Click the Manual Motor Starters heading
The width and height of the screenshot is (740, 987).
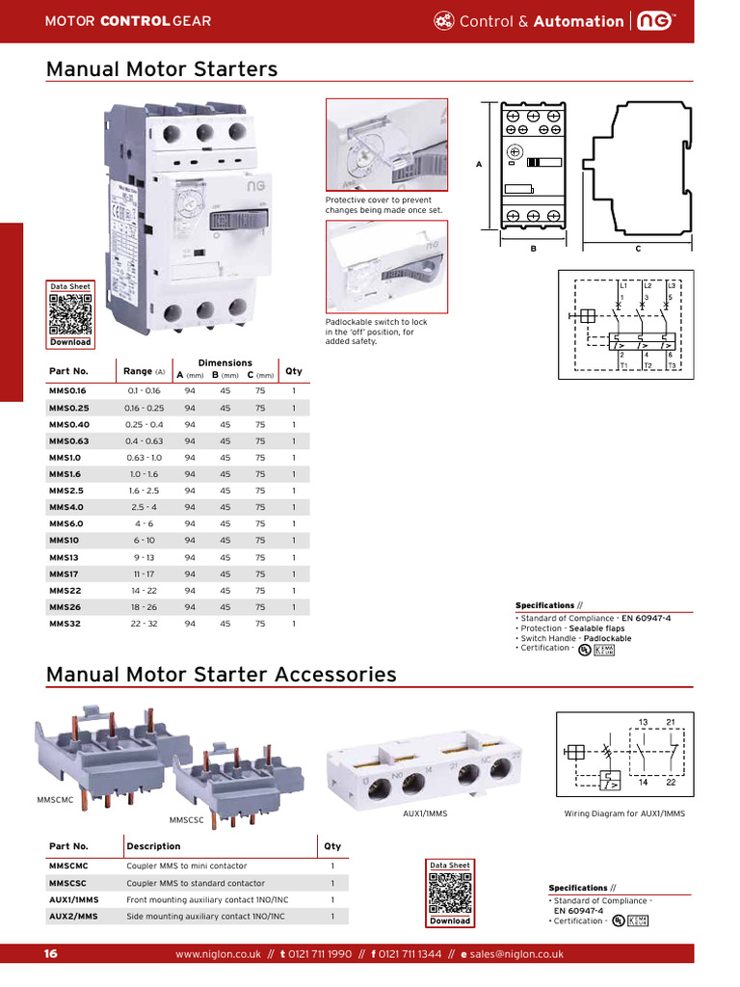[x=162, y=69]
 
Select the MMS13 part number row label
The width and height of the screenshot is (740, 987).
[x=63, y=557]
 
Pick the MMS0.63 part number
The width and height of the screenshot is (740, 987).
[x=68, y=440]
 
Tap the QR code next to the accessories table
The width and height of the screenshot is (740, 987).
[x=450, y=893]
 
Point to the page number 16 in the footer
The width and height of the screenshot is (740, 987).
[x=51, y=954]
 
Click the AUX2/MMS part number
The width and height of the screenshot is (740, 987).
[x=73, y=916]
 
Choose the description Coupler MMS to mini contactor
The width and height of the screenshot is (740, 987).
[x=186, y=866]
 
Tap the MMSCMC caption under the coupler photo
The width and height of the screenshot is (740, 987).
[x=56, y=799]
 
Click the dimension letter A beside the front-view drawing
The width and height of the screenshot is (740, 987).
[x=479, y=165]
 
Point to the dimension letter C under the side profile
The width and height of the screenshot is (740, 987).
[x=638, y=248]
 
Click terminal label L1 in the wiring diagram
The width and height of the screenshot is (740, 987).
[x=623, y=285]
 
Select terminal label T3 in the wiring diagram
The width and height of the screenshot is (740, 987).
[x=672, y=366]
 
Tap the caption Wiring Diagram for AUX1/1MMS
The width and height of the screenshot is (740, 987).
[x=623, y=814]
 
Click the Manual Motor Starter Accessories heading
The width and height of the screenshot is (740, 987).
[x=222, y=674]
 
